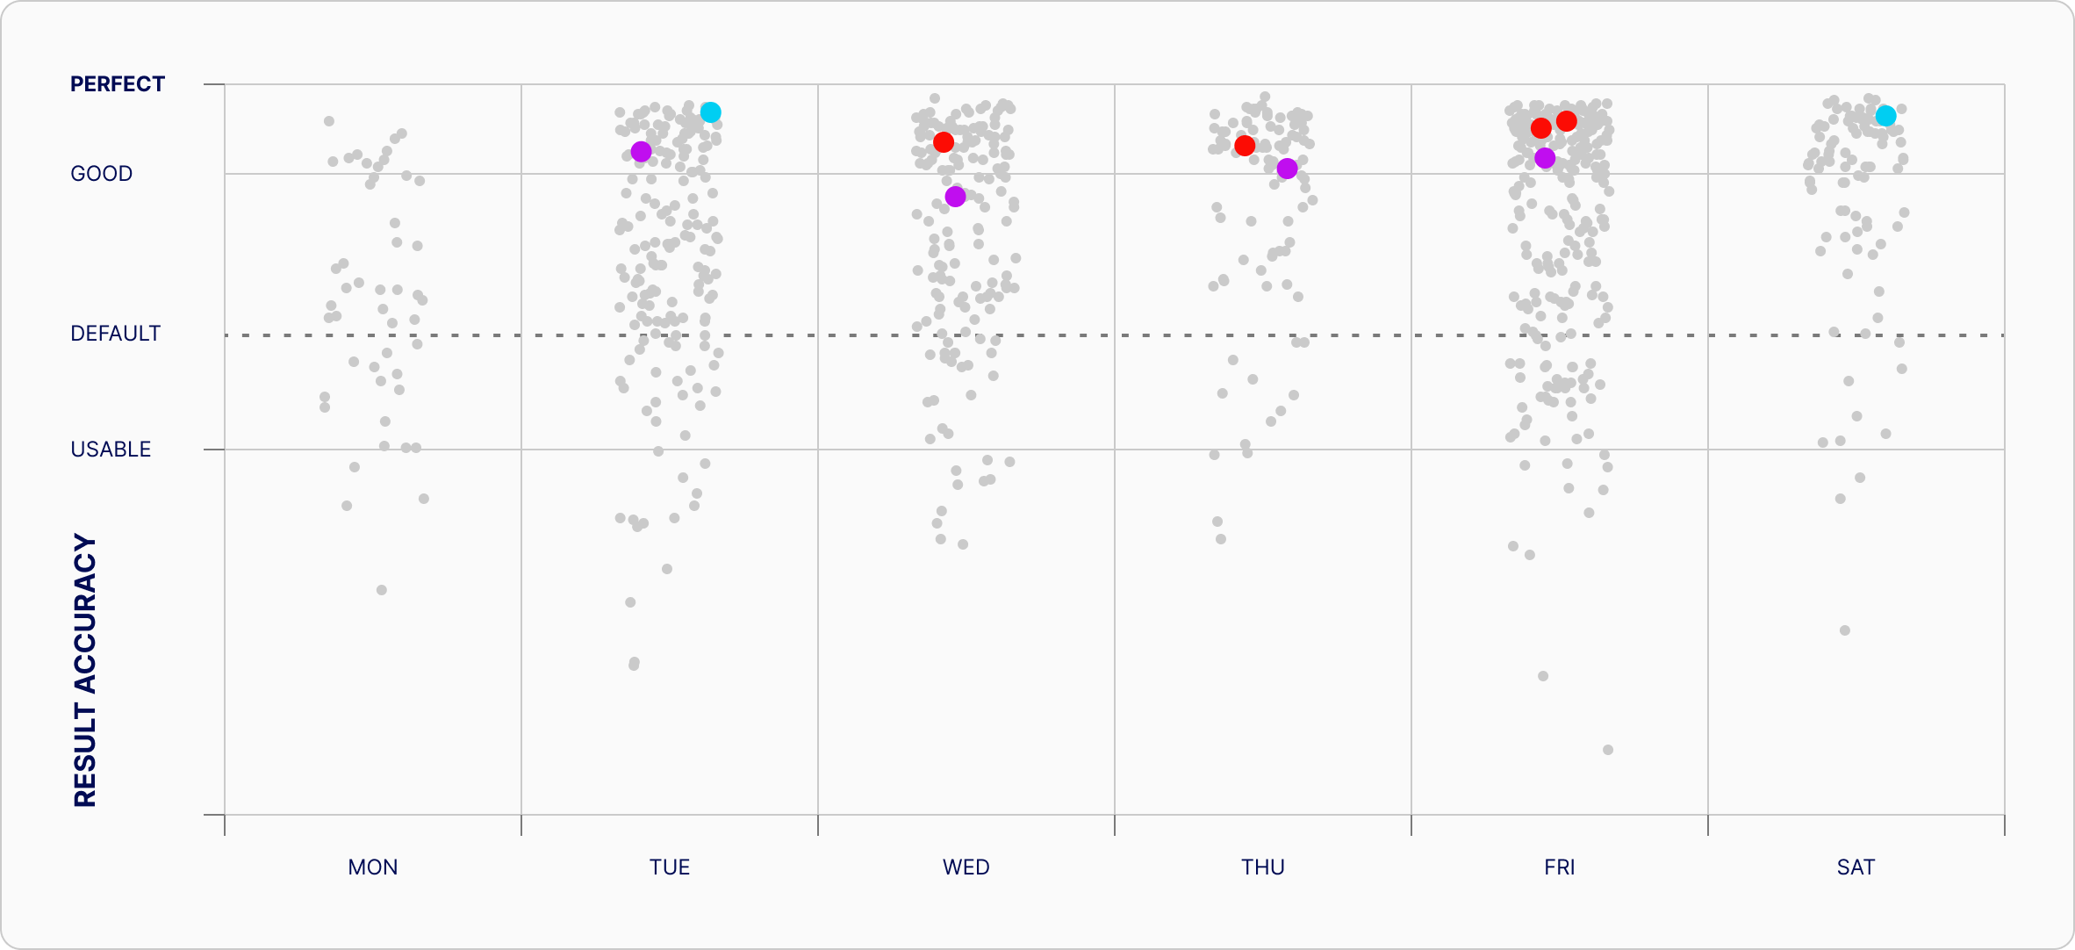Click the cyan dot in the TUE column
[x=711, y=112]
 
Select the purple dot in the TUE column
[x=642, y=152]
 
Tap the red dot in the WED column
[x=944, y=142]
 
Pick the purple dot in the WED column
[x=956, y=197]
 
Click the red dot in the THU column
[x=1245, y=146]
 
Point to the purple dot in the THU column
[x=1288, y=169]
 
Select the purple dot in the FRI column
[x=1546, y=158]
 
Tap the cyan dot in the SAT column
[x=1886, y=116]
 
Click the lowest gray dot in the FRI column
[x=1608, y=750]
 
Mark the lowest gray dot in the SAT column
[x=1845, y=630]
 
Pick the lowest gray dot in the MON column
[x=382, y=590]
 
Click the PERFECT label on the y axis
[x=118, y=84]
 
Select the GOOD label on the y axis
[x=102, y=174]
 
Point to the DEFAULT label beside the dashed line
[x=116, y=334]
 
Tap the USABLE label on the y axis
[x=111, y=450]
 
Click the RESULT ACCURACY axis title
[x=85, y=670]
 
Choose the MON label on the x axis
[x=373, y=867]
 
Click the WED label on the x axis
[x=966, y=867]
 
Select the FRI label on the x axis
[x=1560, y=867]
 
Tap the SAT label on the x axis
[x=1856, y=867]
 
